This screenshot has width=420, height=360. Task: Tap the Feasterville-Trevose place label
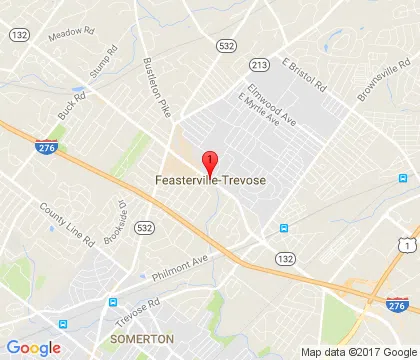(x=210, y=180)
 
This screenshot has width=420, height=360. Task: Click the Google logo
(x=33, y=346)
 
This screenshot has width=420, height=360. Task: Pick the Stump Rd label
(x=103, y=59)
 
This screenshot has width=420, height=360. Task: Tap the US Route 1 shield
(x=405, y=245)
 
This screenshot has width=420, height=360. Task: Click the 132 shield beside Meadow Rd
(x=19, y=35)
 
